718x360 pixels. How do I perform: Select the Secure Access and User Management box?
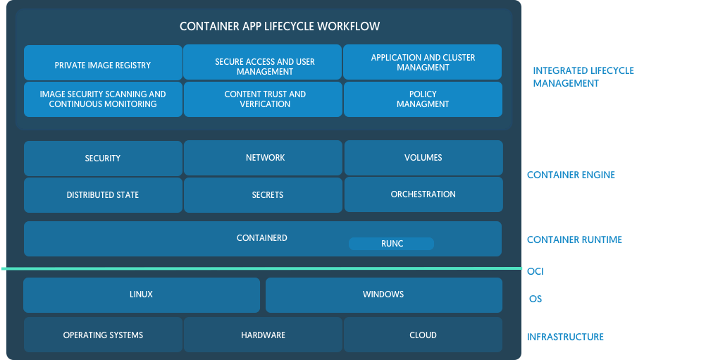coord(264,66)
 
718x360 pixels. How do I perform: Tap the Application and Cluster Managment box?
coord(423,62)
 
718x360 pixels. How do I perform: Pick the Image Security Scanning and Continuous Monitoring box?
coord(103,99)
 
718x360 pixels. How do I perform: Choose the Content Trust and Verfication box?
coord(264,99)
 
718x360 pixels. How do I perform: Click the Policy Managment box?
coord(423,99)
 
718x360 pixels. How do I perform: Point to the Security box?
coord(103,159)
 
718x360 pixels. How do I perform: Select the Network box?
coord(264,158)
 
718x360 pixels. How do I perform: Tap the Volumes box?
coord(423,158)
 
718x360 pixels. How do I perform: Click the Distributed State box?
coord(103,195)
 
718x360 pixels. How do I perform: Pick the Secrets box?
coord(264,195)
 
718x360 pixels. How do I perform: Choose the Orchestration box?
coord(423,194)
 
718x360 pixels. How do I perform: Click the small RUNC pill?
coord(391,244)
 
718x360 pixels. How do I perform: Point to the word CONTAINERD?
coord(261,238)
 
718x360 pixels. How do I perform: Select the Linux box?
coord(141,294)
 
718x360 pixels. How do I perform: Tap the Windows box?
coord(383,294)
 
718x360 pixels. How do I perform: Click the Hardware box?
coord(263,335)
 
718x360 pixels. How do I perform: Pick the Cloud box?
coord(423,335)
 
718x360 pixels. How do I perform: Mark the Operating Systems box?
coord(103,335)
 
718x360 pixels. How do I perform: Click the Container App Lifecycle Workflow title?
coord(280,27)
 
